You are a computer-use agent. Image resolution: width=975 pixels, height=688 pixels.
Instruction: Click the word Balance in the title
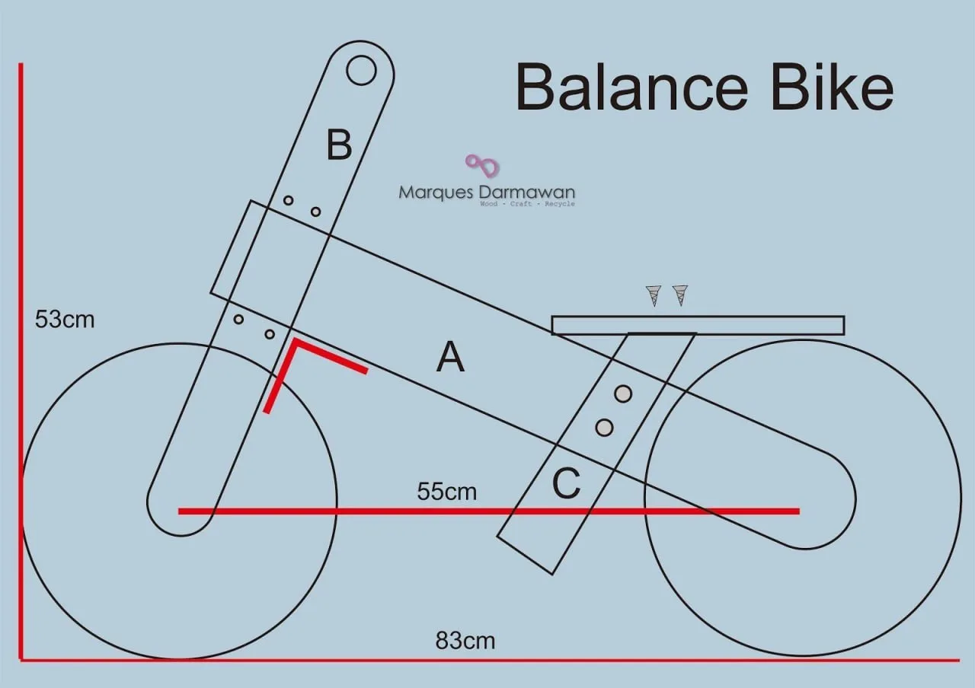(631, 88)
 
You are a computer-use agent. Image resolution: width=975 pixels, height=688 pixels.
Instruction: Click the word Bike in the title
(832, 87)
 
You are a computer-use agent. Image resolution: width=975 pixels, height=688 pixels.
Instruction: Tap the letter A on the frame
(450, 357)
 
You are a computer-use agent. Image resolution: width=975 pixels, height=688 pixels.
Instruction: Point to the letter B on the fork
(339, 145)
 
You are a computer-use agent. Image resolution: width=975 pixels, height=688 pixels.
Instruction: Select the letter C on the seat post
(566, 483)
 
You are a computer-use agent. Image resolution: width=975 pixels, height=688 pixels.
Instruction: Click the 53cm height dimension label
(65, 319)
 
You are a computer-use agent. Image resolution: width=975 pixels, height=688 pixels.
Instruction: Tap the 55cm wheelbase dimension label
(446, 492)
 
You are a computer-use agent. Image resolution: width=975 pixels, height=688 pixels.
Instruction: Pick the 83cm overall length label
(465, 641)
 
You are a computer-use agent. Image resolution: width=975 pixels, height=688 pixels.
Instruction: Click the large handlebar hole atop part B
(361, 70)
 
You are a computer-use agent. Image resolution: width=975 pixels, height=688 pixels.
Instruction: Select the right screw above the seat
(680, 295)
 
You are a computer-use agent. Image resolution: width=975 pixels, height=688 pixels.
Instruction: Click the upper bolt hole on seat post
(623, 393)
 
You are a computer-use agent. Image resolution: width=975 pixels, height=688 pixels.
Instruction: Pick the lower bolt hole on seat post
(604, 428)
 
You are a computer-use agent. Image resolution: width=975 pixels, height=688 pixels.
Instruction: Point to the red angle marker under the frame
(296, 342)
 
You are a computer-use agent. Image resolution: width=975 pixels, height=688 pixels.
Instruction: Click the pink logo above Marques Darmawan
(482, 166)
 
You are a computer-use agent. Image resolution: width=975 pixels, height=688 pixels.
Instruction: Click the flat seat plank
(698, 325)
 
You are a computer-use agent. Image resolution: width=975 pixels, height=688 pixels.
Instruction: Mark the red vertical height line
(21, 362)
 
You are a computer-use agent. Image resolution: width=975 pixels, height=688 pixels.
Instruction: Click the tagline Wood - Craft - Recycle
(527, 203)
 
